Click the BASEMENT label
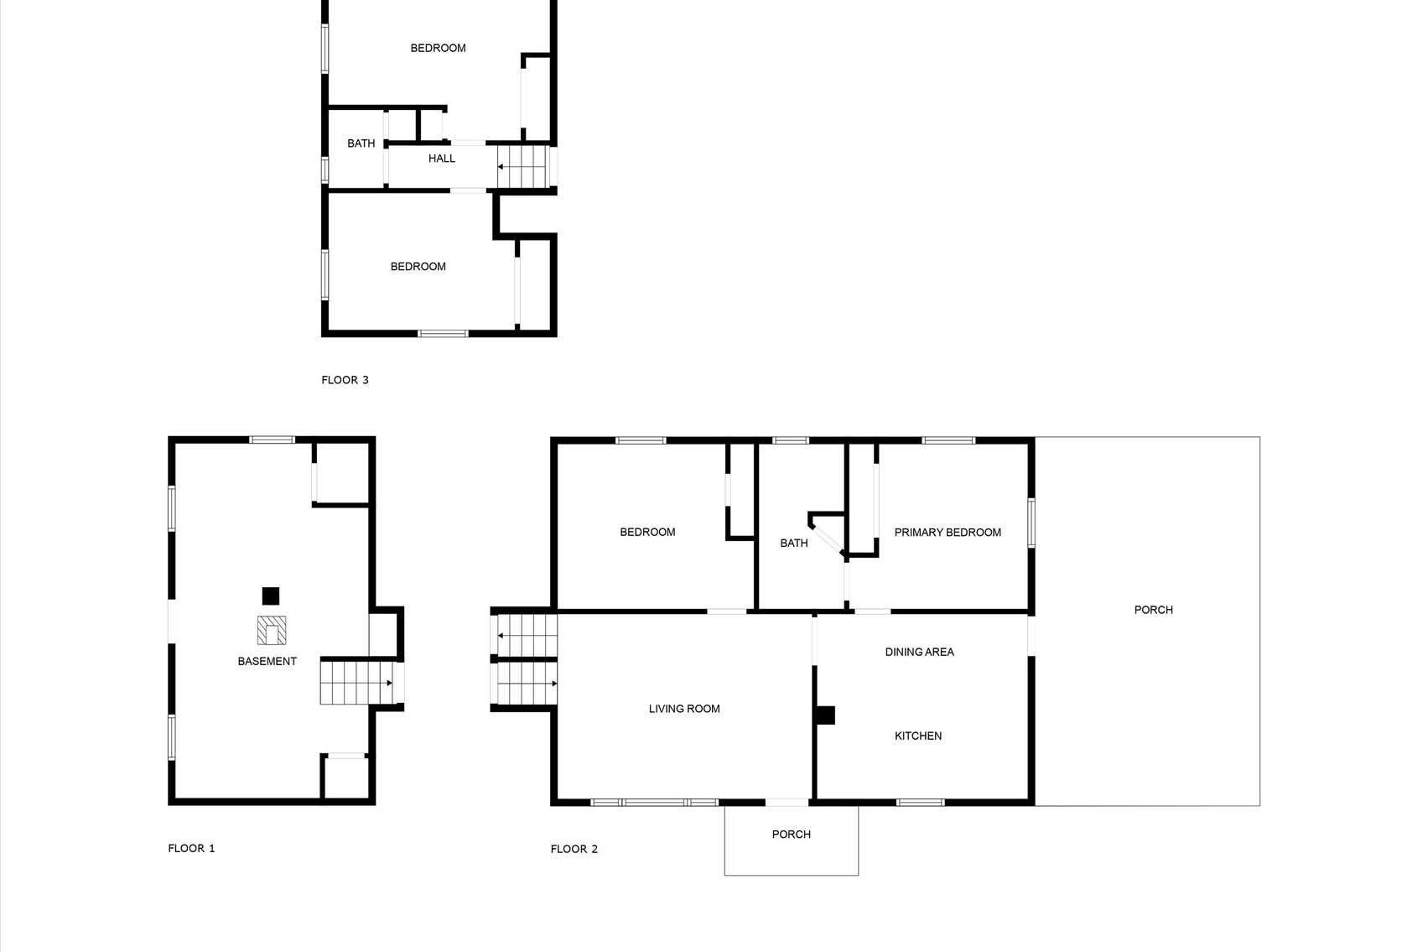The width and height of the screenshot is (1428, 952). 267,661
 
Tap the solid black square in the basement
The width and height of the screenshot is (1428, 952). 270,596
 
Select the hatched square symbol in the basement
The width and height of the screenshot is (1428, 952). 271,630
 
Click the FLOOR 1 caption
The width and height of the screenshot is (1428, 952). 191,848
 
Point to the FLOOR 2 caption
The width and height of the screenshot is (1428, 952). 574,849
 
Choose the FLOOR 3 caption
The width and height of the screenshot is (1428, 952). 345,380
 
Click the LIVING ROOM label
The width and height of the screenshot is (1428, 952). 684,709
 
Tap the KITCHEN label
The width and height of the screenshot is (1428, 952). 918,736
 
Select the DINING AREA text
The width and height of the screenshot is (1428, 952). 919,652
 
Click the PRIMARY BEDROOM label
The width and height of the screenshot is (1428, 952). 948,532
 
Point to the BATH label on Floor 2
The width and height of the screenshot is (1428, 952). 794,543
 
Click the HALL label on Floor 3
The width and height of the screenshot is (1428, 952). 442,158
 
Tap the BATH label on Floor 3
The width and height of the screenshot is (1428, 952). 361,143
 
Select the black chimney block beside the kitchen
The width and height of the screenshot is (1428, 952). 826,715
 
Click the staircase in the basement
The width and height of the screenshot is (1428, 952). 357,682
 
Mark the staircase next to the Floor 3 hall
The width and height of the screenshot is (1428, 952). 522,166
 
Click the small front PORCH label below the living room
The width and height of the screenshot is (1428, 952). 791,834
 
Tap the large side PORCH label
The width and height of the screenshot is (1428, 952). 1153,610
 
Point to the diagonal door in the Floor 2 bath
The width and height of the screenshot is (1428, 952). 828,536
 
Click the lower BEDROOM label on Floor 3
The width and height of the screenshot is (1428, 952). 418,267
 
